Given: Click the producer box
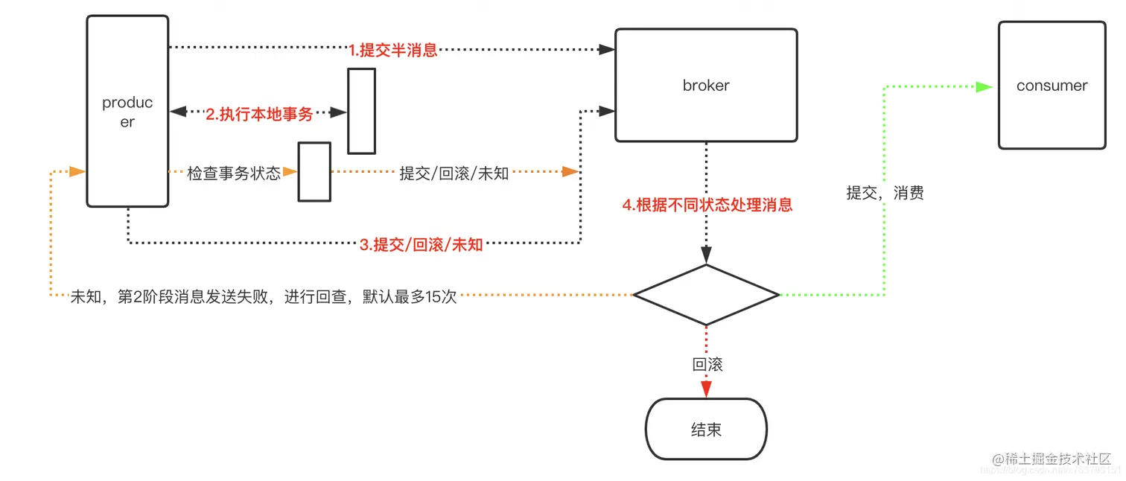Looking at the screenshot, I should pos(127,112).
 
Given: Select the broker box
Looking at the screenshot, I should pos(706,85).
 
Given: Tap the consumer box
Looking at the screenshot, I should pos(1052,86).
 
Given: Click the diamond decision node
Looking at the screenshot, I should pos(706,295).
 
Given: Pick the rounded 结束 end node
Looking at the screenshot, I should pos(706,430).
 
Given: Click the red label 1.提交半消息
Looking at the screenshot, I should pos(393,51).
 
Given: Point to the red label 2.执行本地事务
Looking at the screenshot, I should pos(259,114).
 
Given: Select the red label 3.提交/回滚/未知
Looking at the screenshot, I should pos(422,244).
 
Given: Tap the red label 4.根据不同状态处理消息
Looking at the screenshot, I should pos(707,205).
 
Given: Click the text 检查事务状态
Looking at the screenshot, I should pos(234,173).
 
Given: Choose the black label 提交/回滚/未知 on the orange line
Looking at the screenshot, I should pos(454,173).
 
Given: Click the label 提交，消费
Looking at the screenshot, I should pos(885,193).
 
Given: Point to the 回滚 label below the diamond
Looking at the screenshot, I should pos(707,365).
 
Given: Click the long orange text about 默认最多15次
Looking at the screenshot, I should pos(264,296).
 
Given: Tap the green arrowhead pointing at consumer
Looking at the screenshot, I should pos(985,86).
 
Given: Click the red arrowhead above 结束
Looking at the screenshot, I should pos(706,389).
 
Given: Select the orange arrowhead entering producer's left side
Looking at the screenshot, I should pos(77,171).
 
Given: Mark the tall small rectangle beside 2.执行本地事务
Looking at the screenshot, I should pos(362,111).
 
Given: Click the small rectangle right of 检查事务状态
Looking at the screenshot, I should pos(314,172).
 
